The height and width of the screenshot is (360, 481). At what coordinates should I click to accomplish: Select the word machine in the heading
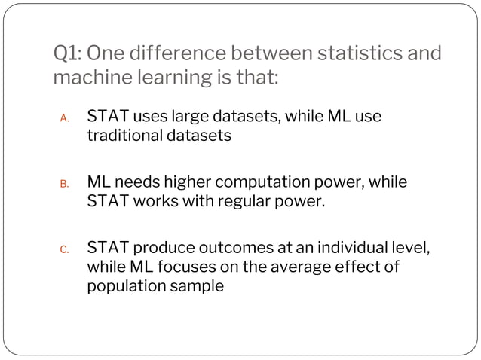(x=90, y=78)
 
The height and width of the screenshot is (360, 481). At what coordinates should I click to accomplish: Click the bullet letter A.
(x=65, y=119)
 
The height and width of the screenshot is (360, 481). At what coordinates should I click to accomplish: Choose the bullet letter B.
(x=65, y=184)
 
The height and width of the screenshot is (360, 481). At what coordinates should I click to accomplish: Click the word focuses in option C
(x=186, y=267)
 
